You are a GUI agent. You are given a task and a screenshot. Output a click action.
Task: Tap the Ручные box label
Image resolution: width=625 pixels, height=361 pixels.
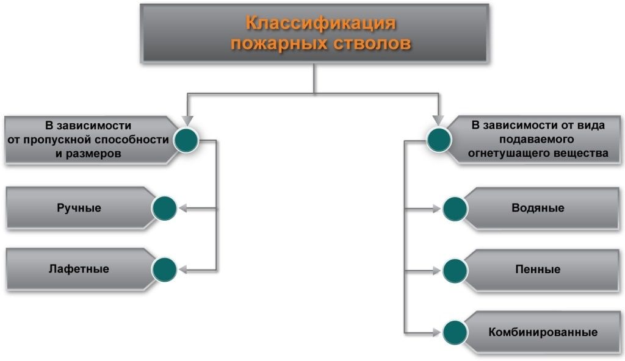79,208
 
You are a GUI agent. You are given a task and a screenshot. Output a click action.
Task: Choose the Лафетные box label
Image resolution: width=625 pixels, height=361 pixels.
79,268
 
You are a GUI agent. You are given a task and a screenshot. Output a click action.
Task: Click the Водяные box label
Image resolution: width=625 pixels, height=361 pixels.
538,208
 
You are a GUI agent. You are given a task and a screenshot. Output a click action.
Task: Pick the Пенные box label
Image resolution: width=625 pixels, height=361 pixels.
538,269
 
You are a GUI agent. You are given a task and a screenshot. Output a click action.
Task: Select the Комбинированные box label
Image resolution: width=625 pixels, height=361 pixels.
542,332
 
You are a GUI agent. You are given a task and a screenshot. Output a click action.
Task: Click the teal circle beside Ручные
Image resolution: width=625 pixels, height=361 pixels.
164,209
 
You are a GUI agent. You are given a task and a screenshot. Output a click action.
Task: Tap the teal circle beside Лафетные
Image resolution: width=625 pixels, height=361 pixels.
164,270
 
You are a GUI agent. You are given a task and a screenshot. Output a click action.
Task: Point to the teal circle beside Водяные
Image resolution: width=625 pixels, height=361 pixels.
455,209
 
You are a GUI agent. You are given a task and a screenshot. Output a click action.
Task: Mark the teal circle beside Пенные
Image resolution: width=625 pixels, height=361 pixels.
455,270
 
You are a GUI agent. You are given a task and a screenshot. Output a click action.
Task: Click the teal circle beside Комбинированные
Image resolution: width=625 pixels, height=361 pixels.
455,332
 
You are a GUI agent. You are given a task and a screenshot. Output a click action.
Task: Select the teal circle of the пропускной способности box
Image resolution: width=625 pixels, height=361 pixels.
186,140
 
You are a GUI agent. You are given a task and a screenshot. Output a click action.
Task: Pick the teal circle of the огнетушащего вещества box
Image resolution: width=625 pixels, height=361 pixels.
439,140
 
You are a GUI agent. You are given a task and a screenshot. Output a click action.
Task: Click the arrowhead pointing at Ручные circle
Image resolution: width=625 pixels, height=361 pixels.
183,209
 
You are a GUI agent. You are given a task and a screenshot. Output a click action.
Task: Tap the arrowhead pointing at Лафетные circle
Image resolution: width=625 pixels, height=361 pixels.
183,270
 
